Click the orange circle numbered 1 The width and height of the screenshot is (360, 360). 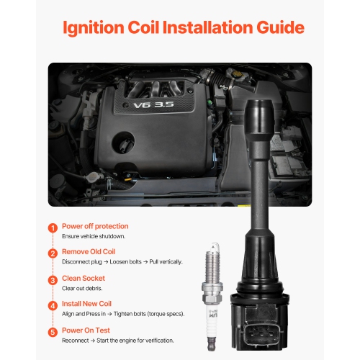click(53, 228)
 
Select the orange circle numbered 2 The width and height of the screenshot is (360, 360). click(53, 254)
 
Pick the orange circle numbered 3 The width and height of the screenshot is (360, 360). click(53, 280)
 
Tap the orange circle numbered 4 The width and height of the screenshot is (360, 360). click(53, 306)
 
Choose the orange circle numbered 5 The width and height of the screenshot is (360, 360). click(53, 333)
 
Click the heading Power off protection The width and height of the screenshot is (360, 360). click(95, 225)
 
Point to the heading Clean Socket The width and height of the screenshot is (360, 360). click(84, 277)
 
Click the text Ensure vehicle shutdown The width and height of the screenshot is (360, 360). click(94, 236)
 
